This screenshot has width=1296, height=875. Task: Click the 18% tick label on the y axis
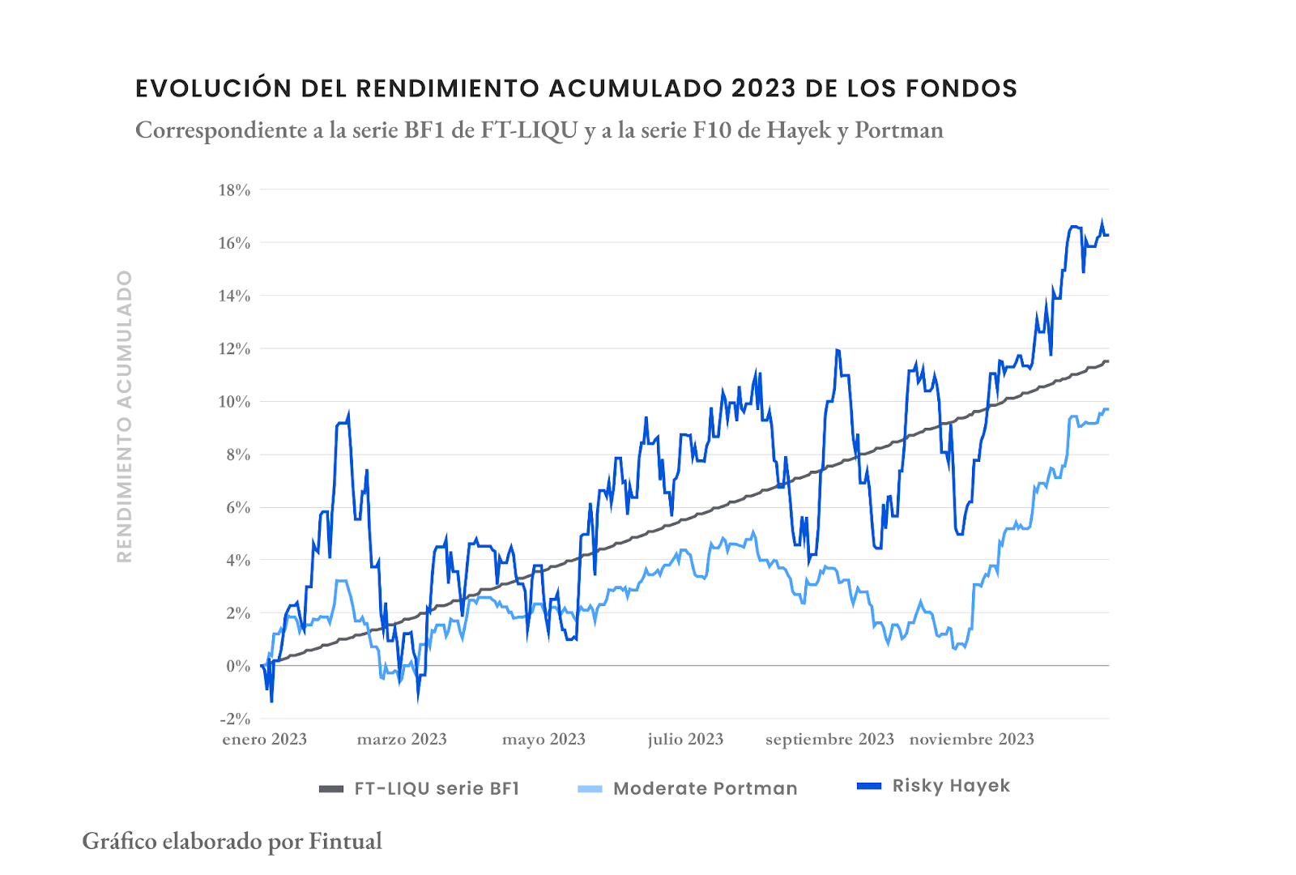click(x=234, y=190)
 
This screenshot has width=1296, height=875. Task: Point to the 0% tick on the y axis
click(x=238, y=666)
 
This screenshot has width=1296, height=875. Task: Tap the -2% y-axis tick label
click(x=235, y=719)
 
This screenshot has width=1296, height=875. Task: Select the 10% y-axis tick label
click(x=234, y=402)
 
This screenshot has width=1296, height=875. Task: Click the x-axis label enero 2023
click(x=265, y=739)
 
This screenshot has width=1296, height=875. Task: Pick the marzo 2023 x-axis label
click(x=402, y=739)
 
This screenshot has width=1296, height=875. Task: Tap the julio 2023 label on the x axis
click(x=685, y=739)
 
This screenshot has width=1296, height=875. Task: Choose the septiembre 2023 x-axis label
click(x=829, y=739)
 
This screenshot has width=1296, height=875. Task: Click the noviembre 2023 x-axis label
click(x=972, y=739)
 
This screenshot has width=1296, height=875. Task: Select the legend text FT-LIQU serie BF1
click(x=437, y=788)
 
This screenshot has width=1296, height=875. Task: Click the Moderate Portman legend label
click(x=706, y=788)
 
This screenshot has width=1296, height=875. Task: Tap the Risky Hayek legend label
click(x=951, y=786)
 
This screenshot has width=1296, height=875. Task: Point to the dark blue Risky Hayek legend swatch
click(x=869, y=786)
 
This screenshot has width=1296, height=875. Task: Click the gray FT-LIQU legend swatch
click(x=331, y=789)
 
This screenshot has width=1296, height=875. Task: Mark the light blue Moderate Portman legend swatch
click(x=590, y=789)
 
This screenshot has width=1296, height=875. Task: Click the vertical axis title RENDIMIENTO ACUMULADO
click(x=124, y=416)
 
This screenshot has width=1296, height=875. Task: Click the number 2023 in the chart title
click(x=764, y=88)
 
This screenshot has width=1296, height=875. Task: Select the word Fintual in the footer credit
click(x=345, y=841)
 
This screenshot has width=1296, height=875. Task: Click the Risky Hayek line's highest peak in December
click(x=1102, y=220)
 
